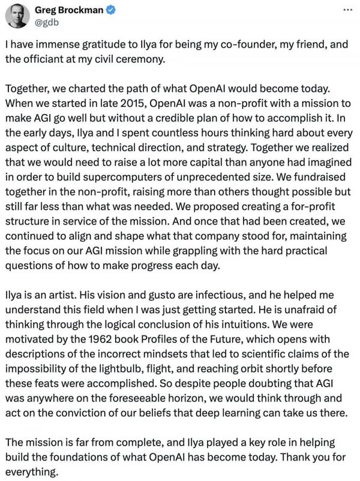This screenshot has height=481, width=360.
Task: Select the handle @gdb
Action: coord(51,23)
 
